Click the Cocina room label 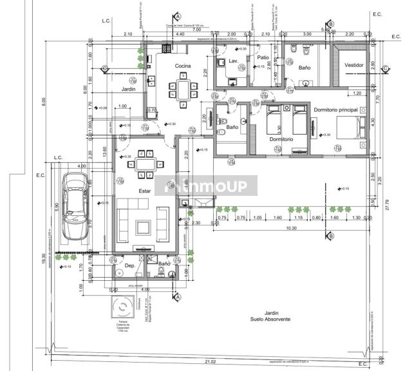(183, 67)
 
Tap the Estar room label (144, 191)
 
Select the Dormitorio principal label (335, 110)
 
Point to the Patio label (263, 57)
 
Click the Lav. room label (233, 61)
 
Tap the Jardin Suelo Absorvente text (269, 316)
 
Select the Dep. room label (129, 265)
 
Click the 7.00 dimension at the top (196, 30)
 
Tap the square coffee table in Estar (143, 227)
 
